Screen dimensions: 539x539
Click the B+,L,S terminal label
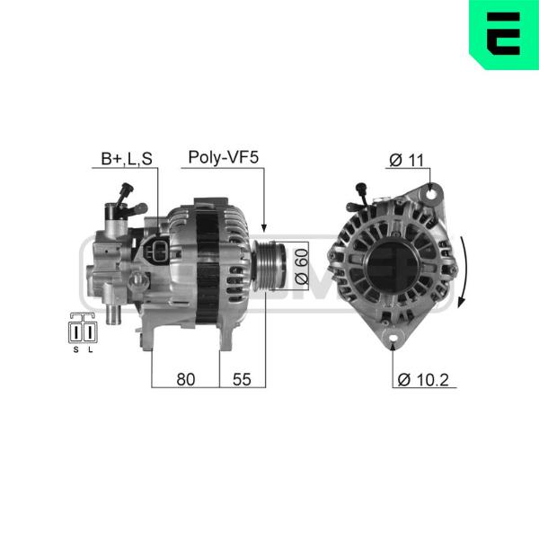click(x=127, y=159)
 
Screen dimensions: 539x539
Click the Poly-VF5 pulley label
click(x=223, y=157)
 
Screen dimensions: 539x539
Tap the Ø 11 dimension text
click(x=407, y=160)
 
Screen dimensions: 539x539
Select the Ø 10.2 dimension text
click(x=423, y=380)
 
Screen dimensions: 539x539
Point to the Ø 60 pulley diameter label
click(x=302, y=267)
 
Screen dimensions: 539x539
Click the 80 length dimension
click(x=186, y=379)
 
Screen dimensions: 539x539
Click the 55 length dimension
click(x=242, y=379)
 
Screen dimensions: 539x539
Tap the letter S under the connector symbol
click(x=76, y=350)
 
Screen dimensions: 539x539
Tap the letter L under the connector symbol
click(x=91, y=350)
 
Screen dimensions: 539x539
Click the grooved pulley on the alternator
click(x=269, y=265)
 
